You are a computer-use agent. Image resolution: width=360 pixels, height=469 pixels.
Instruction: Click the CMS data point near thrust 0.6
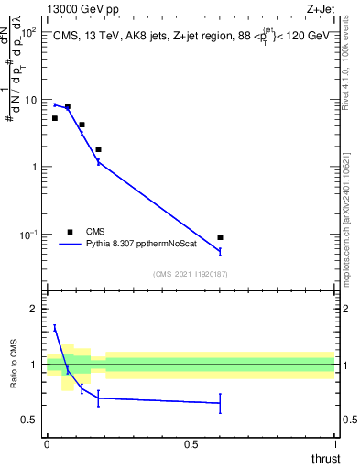(x=220, y=237)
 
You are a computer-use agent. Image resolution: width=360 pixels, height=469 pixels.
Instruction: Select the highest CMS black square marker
(x=67, y=106)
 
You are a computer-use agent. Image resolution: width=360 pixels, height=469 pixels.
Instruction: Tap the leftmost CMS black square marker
(x=55, y=118)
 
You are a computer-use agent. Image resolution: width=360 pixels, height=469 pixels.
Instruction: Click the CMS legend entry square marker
(x=70, y=232)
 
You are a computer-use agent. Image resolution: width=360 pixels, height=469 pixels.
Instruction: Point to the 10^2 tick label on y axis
(x=28, y=32)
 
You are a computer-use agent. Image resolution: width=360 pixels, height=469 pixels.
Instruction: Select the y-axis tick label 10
(x=30, y=99)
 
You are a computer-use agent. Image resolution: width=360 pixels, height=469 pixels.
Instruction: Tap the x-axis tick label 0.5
(x=191, y=444)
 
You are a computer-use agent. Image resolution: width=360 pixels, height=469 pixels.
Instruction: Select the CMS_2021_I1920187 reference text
(x=191, y=274)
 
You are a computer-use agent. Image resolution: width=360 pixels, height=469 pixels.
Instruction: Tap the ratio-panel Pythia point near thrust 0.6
(x=220, y=403)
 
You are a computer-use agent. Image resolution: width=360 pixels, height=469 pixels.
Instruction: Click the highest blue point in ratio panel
(x=55, y=327)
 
